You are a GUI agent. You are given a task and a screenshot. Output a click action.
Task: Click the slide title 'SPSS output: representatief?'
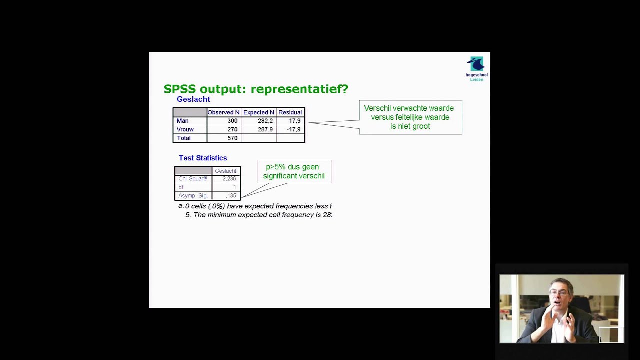coord(256,89)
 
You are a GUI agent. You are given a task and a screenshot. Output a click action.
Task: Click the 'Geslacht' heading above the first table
coord(193,99)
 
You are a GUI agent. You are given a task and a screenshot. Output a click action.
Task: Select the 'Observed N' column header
coord(223,112)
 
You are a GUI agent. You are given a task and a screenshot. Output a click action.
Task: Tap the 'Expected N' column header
coord(258,112)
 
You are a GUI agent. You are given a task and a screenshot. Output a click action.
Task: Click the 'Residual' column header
coord(290,112)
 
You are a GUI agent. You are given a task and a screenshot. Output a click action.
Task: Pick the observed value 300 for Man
coord(232,121)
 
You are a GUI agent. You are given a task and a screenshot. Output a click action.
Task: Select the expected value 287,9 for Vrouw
coord(265,129)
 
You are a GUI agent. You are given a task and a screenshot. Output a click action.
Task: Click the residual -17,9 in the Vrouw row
coord(293,129)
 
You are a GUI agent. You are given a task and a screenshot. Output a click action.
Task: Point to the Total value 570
coord(232,138)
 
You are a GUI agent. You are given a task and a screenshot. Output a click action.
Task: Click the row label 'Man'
coord(183,121)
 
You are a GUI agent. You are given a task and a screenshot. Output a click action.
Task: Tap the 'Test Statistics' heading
coord(203,158)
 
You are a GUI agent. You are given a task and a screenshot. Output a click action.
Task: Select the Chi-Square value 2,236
coord(229,179)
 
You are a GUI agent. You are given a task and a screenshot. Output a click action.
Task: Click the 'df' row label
coord(181,187)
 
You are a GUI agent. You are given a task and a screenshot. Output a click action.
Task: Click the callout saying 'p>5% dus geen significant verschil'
coord(294,171)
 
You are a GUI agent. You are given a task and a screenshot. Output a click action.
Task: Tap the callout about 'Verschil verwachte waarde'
coord(410,117)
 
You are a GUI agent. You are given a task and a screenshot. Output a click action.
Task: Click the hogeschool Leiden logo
coord(476,69)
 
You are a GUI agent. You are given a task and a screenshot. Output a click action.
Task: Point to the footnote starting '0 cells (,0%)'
coord(257,206)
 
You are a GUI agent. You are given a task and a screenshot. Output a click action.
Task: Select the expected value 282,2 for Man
coord(265,121)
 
